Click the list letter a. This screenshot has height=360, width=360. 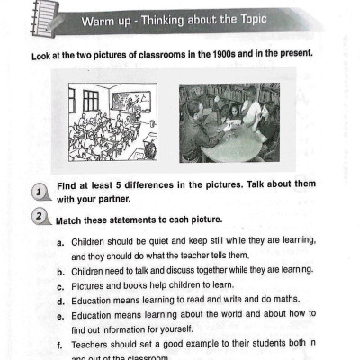click(60, 243)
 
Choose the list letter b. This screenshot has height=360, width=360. click(60, 271)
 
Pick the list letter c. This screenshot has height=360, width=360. click(60, 285)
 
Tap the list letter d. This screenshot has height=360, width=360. click(60, 300)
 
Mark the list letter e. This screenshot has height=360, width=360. click(60, 315)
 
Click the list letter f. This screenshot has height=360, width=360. click(60, 344)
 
